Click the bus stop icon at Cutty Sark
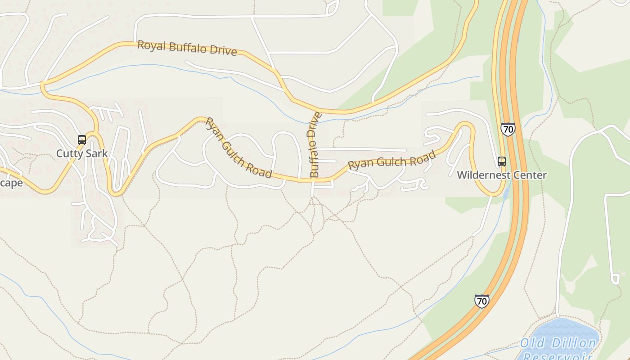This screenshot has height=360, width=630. point(81,140)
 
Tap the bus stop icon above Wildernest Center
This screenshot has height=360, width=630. point(501,162)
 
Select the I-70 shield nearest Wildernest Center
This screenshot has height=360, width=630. point(508,130)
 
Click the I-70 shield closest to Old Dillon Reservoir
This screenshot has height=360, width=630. point(481,301)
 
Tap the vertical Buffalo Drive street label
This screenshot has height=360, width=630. point(315,145)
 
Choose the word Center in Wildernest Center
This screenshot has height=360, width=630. point(532,175)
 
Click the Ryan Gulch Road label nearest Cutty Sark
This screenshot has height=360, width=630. point(238,148)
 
